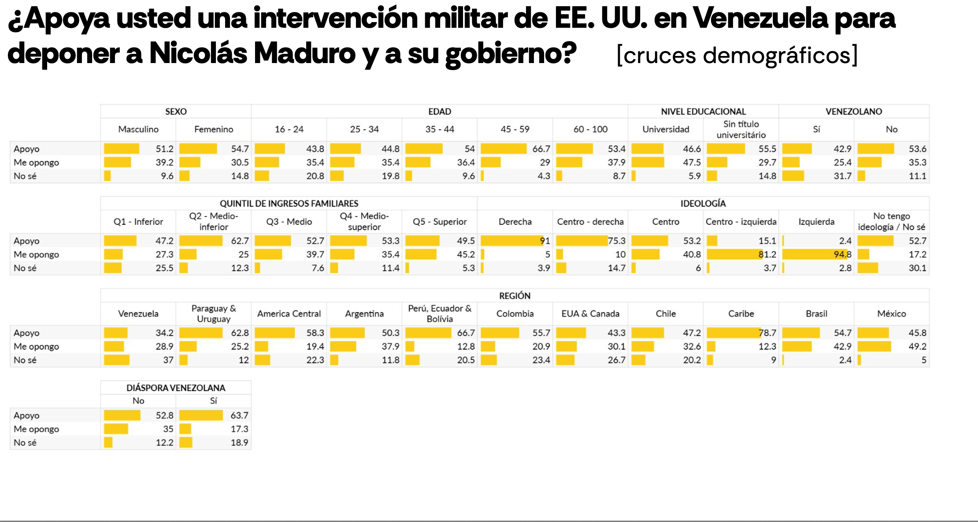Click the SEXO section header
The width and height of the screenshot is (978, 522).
176,112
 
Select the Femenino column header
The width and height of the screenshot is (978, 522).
214,129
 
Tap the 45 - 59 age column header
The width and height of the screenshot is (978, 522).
515,129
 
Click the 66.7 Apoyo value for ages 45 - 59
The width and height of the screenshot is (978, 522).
541,149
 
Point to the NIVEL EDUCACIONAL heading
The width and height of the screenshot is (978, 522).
703,112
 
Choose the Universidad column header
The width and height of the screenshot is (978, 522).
666,129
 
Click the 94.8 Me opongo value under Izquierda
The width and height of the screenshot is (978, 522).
842,254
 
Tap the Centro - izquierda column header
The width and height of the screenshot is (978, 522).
741,222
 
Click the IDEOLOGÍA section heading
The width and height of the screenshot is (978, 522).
703,204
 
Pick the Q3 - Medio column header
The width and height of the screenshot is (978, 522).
289,222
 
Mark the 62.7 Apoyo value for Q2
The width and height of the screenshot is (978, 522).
240,241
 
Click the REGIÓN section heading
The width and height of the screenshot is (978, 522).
515,296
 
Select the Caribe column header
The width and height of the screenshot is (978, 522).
741,314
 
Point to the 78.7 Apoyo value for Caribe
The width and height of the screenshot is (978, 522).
767,333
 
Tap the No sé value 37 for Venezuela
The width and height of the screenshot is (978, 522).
168,360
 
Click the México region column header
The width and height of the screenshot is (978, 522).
891,314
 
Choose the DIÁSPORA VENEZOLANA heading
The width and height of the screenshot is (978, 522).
176,388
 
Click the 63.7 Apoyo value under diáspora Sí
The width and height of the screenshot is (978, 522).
239,415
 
